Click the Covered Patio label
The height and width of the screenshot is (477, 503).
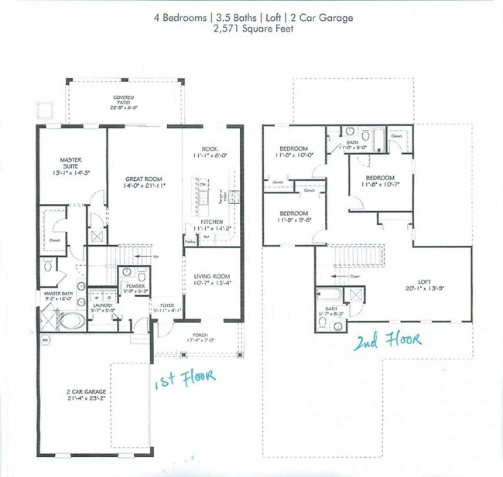point(124,98)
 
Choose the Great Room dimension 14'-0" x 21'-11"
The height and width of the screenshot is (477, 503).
point(145,186)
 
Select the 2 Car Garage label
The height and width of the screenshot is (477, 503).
point(85,392)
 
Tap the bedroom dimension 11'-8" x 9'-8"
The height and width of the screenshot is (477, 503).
point(294,219)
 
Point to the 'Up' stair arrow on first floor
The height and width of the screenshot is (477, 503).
point(149,256)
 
